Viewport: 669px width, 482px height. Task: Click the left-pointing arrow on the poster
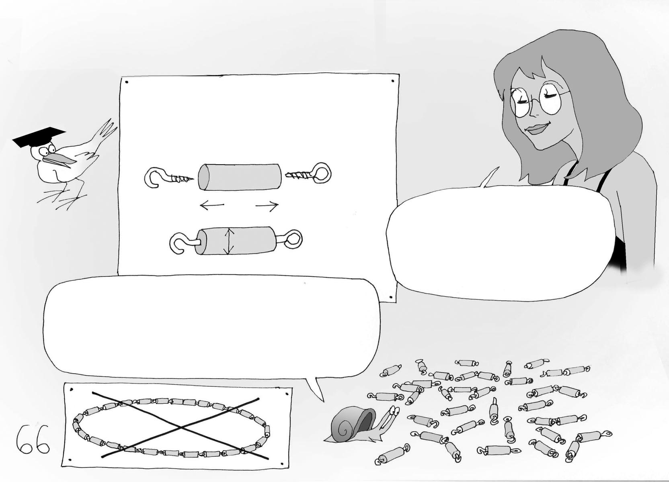point(212,205)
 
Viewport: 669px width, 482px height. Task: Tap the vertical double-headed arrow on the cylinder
point(228,241)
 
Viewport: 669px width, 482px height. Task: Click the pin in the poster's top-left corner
point(127,82)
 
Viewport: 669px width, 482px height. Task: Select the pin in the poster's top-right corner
point(393,81)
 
